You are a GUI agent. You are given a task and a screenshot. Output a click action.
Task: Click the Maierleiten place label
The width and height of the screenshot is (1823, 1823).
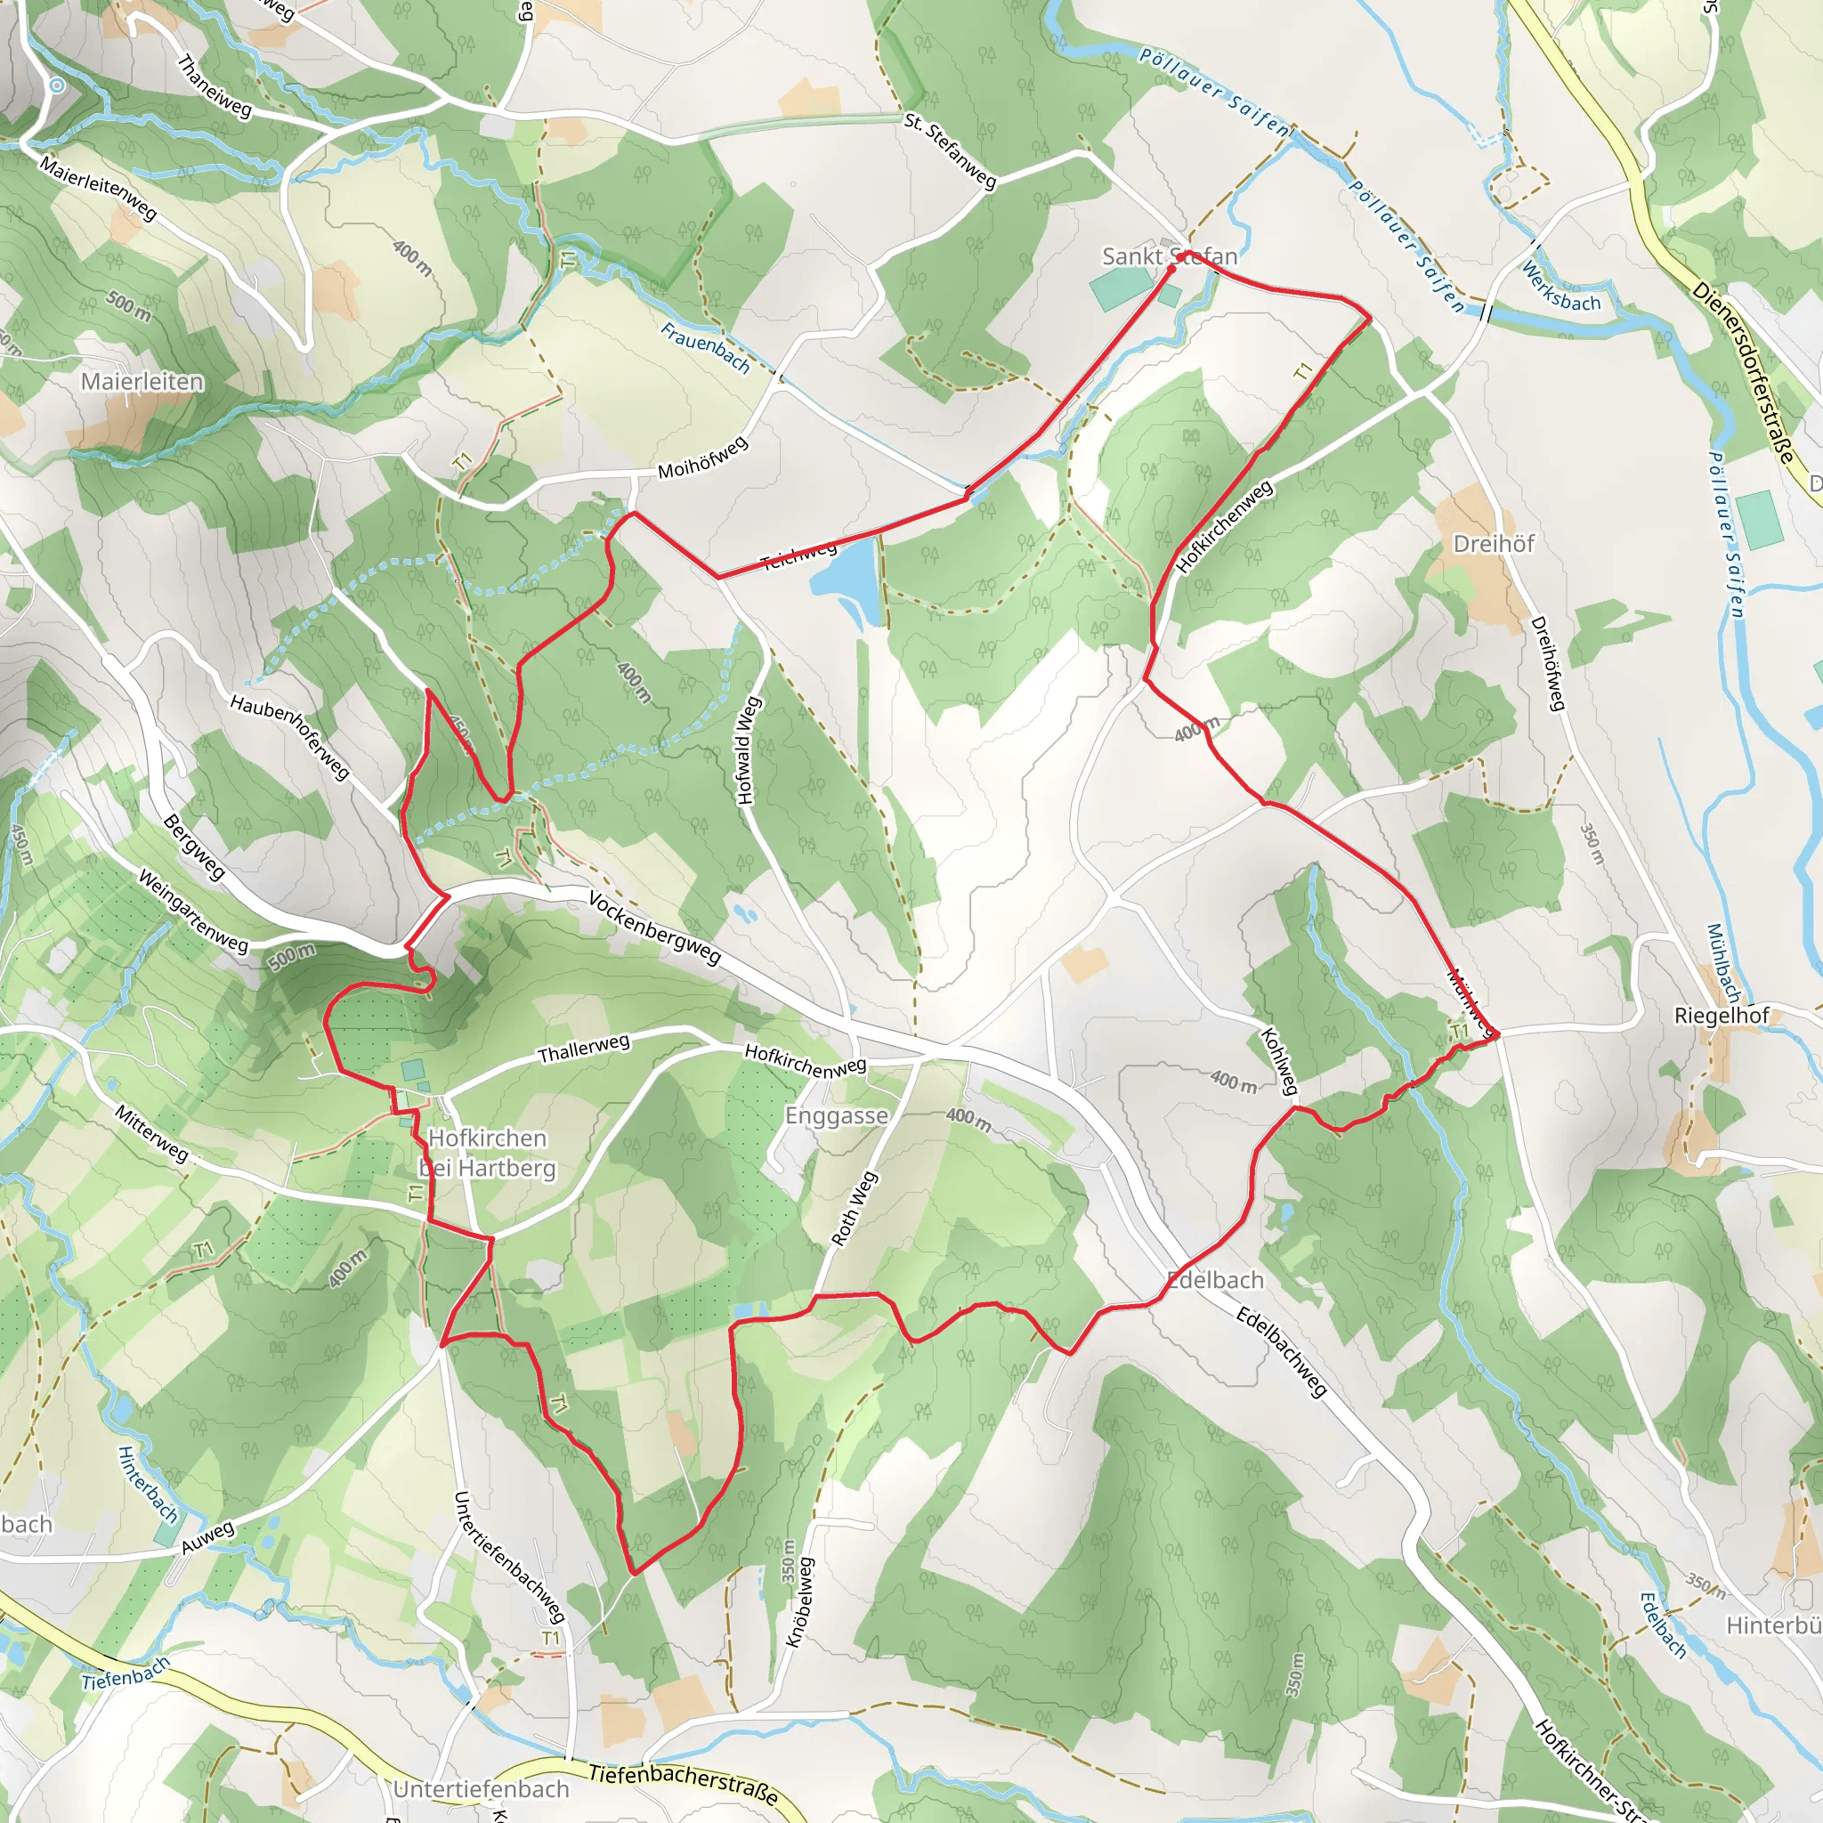142,381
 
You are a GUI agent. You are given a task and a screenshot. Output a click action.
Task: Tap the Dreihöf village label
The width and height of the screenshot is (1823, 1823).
1494,544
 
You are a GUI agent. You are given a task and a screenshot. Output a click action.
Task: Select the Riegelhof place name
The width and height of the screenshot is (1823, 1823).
1722,1016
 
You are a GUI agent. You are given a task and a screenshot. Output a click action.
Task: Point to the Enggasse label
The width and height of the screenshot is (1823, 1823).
836,1115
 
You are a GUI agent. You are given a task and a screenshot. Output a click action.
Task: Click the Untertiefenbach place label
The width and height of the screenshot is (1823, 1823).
482,1789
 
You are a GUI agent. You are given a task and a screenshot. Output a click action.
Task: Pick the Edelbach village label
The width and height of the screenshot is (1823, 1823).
1215,1280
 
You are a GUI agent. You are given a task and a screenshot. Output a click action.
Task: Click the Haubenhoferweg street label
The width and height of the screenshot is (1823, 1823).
289,737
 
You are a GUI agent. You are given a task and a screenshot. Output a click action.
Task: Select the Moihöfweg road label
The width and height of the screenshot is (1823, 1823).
702,457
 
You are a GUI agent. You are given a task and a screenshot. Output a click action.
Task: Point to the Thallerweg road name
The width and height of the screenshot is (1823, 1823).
583,1049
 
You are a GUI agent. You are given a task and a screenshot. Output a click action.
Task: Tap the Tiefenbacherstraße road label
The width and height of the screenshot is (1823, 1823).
683,1783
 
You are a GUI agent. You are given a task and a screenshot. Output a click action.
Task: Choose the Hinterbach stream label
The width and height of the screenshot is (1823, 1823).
148,1484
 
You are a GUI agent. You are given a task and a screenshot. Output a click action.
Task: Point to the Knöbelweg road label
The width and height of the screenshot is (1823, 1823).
799,1602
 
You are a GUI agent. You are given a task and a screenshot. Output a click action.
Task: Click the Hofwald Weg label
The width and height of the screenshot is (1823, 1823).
748,751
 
